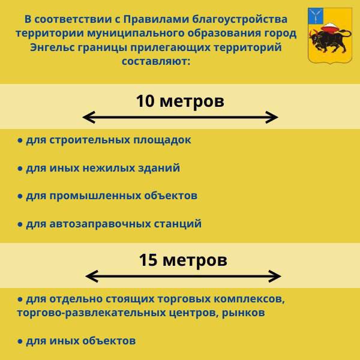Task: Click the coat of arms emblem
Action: click(x=328, y=35)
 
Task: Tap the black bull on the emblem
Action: click(x=328, y=42)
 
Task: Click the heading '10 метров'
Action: click(x=180, y=101)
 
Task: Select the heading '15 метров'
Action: click(x=183, y=260)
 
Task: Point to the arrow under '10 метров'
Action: click(x=180, y=117)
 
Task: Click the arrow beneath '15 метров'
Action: click(x=183, y=276)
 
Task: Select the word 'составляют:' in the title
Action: click(x=155, y=61)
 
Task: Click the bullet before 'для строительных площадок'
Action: click(x=20, y=140)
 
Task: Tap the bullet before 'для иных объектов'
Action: click(x=20, y=341)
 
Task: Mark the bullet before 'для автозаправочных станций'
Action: click(x=20, y=224)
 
